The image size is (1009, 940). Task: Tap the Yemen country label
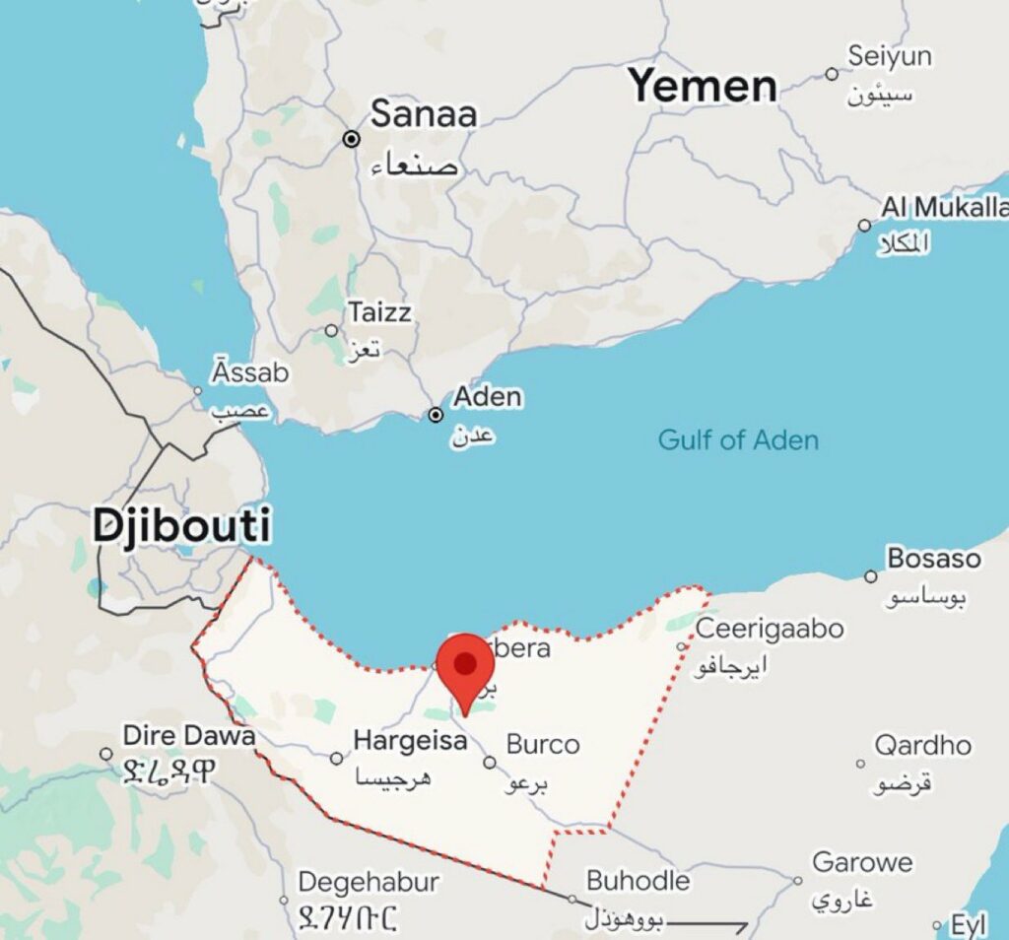[x=703, y=86]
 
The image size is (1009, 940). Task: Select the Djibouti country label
[x=182, y=525]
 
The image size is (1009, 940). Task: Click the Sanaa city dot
[x=352, y=139]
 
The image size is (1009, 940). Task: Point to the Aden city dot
[x=436, y=415]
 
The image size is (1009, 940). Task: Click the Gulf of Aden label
[x=738, y=439]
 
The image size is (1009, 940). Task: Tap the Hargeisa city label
[x=410, y=740]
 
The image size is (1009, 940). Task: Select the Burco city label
[x=542, y=744]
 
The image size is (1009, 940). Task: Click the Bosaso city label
[x=934, y=559]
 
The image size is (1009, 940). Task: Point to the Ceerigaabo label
[x=770, y=628]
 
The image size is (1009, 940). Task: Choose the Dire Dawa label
[x=188, y=736]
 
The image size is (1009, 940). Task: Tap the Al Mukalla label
[x=944, y=208]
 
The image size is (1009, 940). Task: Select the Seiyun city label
[x=889, y=57]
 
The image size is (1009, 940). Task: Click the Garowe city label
[x=862, y=862]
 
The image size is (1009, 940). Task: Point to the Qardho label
[x=922, y=746]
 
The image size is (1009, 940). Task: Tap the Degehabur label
[x=368, y=881]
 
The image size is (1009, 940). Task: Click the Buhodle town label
[x=638, y=879]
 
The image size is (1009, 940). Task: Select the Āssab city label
[x=250, y=373]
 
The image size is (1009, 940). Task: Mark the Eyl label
[x=969, y=925]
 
